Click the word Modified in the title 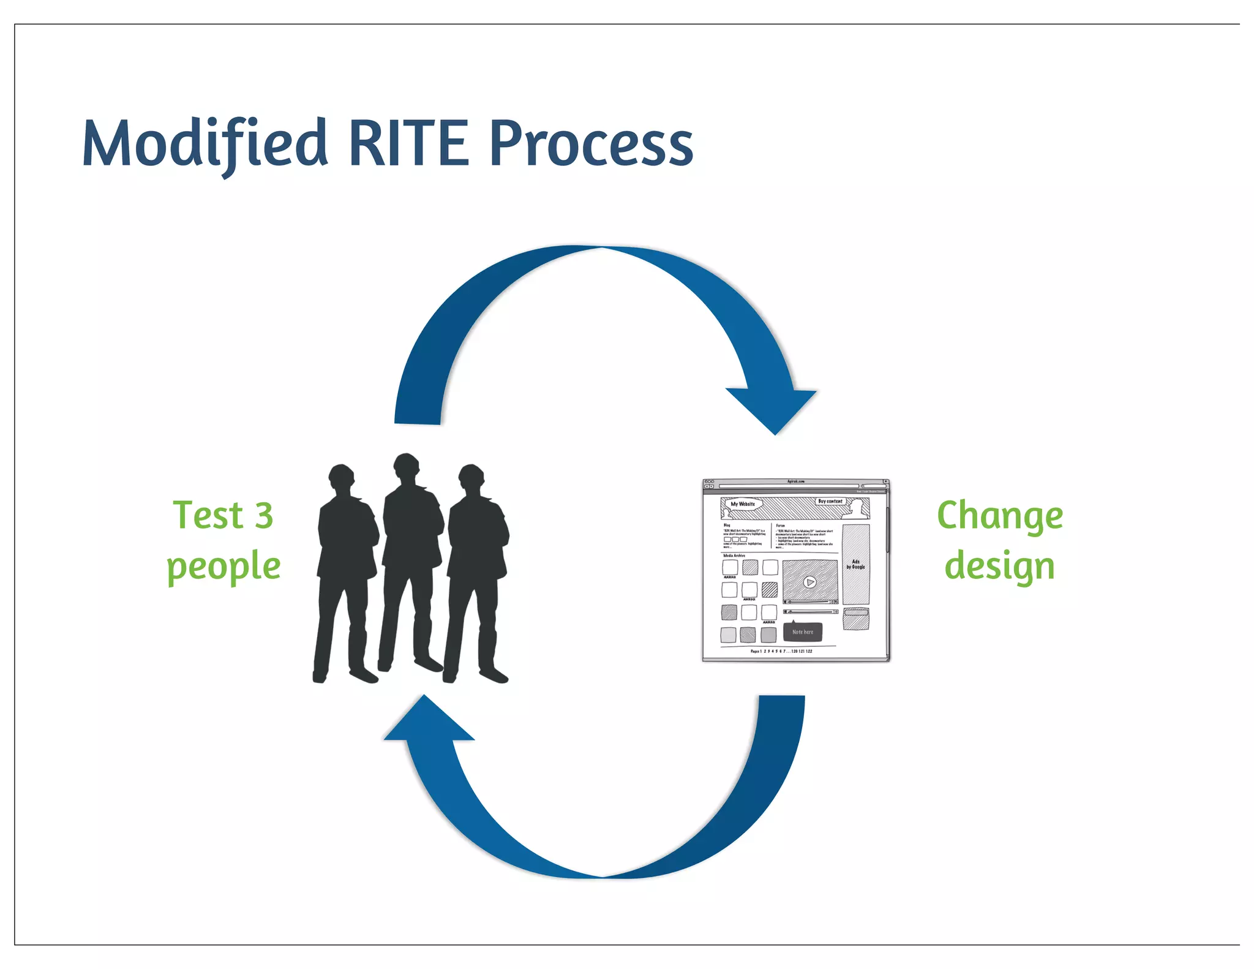point(205,145)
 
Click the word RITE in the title point(408,145)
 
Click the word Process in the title point(591,145)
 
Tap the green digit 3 point(264,516)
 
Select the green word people point(223,567)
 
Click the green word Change point(999,516)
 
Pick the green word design point(999,567)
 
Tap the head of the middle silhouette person point(406,468)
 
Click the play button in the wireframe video point(809,582)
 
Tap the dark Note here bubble point(803,632)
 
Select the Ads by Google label point(855,564)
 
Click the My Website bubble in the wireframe point(743,504)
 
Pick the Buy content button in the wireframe point(830,501)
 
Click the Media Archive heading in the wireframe point(734,556)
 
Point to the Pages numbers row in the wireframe point(781,651)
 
